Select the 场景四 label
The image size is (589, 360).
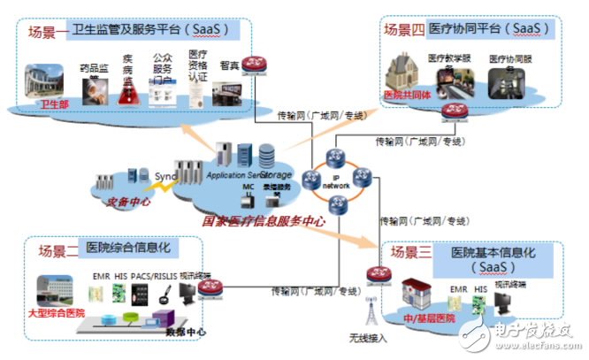[x=403, y=29]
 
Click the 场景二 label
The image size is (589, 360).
[x=57, y=251]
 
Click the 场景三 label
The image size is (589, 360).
[x=412, y=252]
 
